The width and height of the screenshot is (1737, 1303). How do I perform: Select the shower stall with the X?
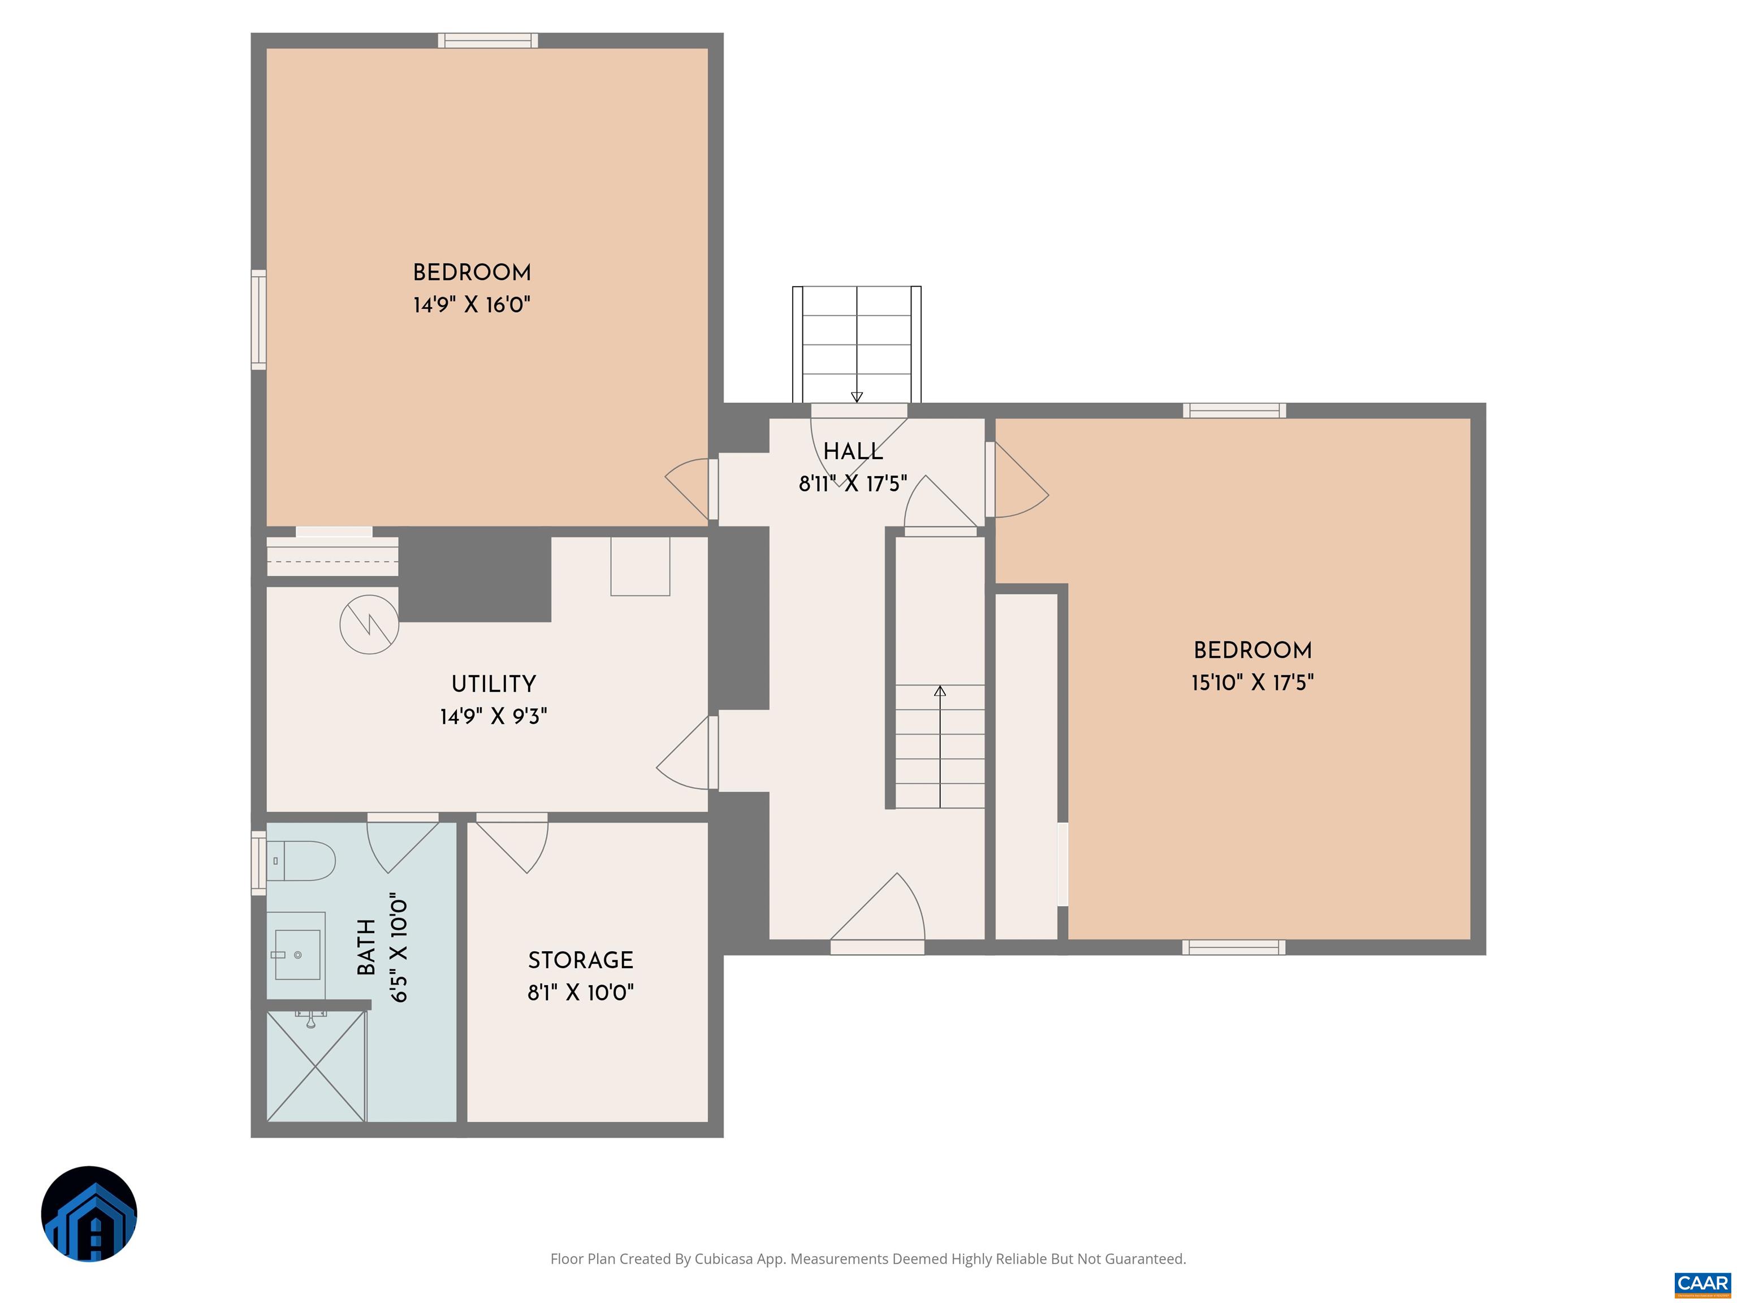click(x=316, y=1066)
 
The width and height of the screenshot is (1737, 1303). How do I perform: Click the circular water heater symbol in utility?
click(x=369, y=625)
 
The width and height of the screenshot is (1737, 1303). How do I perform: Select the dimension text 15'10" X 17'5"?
click(x=1252, y=683)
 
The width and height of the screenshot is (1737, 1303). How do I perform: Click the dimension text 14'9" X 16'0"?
click(x=472, y=305)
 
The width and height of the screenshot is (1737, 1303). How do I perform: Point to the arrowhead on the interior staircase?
click(x=940, y=691)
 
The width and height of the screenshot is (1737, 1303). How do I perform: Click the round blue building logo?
click(x=89, y=1214)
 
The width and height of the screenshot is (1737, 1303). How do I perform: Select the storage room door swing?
click(x=512, y=847)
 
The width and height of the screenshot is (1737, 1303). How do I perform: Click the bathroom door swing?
click(x=403, y=847)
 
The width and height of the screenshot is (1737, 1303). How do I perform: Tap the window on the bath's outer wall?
click(x=258, y=863)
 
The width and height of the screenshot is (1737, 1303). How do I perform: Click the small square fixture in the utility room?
click(x=640, y=566)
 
